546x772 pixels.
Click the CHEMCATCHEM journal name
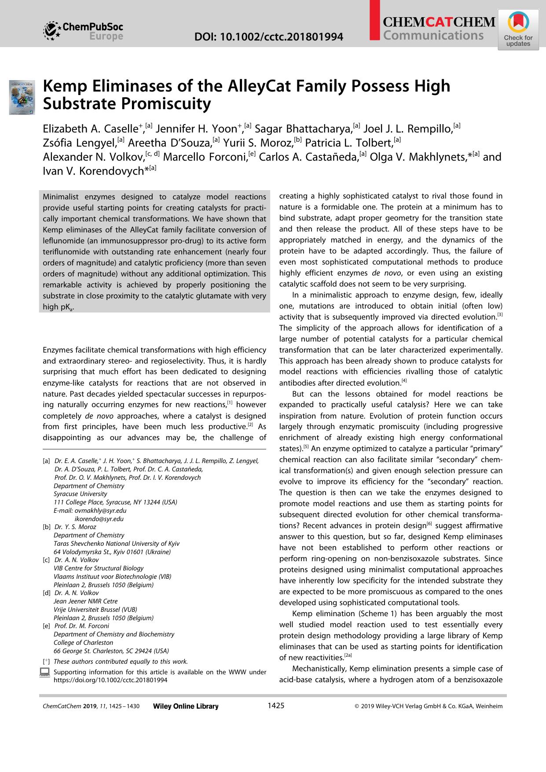click(x=439, y=22)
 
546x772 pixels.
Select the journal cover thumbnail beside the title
click(x=22, y=97)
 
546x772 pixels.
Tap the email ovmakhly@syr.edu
click(x=100, y=511)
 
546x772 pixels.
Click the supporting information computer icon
click(x=44, y=672)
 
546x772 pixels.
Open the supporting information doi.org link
click(x=110, y=680)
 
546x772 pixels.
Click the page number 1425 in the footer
click(x=276, y=706)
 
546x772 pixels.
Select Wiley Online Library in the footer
click(x=185, y=706)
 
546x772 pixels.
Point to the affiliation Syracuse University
click(x=81, y=494)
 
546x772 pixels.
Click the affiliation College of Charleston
click(x=83, y=643)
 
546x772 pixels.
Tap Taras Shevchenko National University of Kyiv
click(x=117, y=544)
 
